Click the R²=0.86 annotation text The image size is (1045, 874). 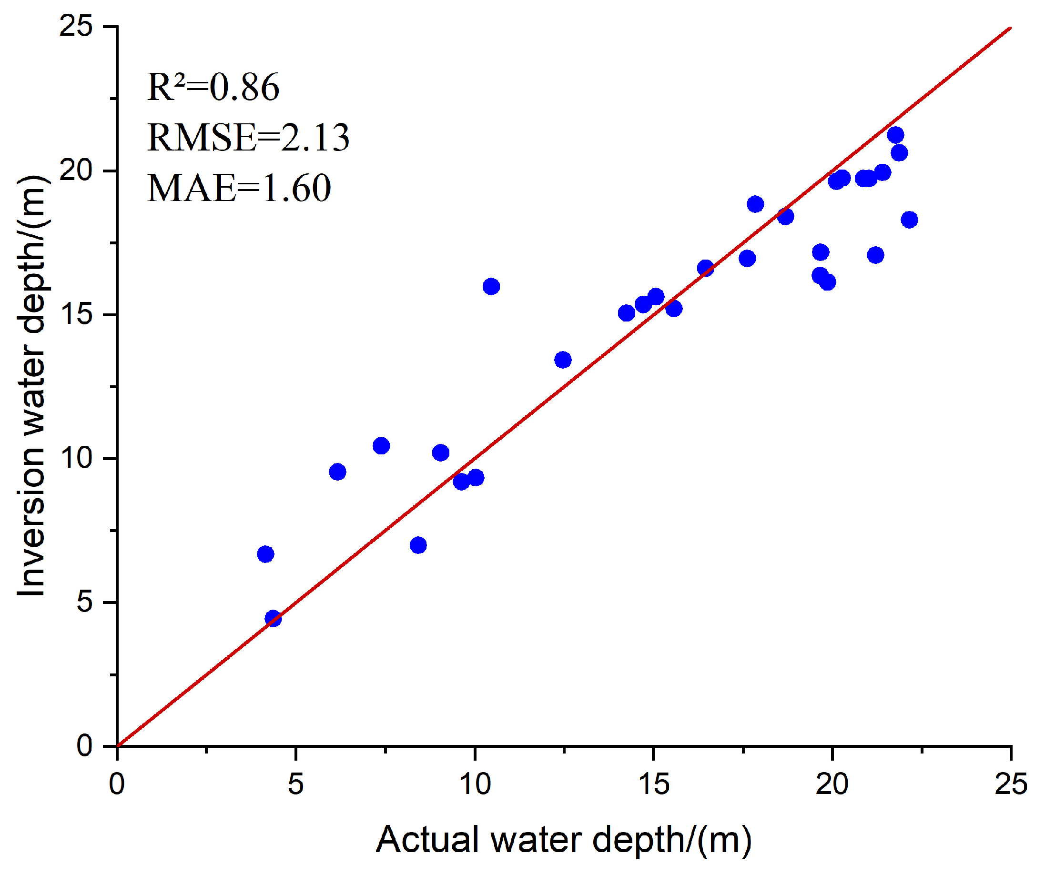coord(213,88)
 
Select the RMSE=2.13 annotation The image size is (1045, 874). coord(248,138)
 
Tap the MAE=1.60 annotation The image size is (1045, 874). coord(239,189)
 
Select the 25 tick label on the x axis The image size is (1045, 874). coord(1010,784)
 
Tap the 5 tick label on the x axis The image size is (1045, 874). coord(295,784)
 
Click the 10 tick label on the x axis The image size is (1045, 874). coord(475,784)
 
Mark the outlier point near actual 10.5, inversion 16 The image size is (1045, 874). coord(491,287)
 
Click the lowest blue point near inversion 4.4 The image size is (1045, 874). coord(273,619)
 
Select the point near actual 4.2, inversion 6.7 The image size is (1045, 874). coord(265,554)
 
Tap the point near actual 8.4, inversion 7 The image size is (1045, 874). coord(418,545)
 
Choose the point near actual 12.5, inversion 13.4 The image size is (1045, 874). coord(563,360)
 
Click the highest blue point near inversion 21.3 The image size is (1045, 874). coord(895,135)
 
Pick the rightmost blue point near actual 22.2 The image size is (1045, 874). coord(909,220)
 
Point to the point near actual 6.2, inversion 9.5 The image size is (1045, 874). coord(337,472)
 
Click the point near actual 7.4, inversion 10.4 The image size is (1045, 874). coord(381,446)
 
